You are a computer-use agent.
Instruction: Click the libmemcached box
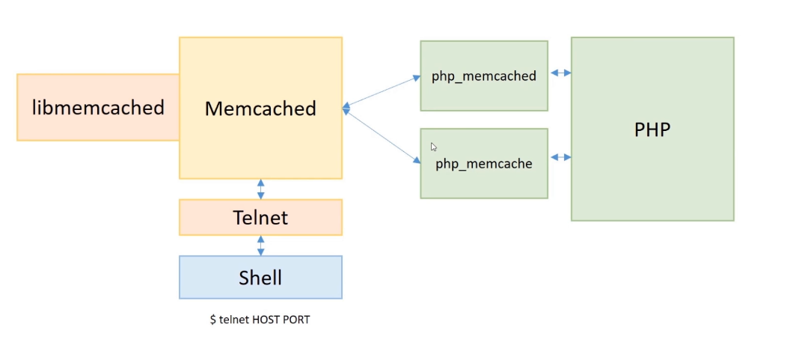pyautogui.click(x=98, y=108)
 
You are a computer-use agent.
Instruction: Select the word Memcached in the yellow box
pyautogui.click(x=260, y=109)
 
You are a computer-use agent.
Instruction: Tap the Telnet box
pyautogui.click(x=260, y=218)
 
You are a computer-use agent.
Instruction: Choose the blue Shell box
pyautogui.click(x=260, y=278)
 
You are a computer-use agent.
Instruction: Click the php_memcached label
pyautogui.click(x=483, y=76)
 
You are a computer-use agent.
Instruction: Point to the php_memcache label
pyautogui.click(x=483, y=164)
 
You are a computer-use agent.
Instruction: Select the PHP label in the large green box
pyautogui.click(x=652, y=129)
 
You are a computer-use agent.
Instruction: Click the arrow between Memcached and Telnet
pyautogui.click(x=260, y=189)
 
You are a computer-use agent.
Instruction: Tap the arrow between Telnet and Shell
pyautogui.click(x=260, y=245)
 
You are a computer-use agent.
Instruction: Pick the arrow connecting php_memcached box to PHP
pyautogui.click(x=560, y=73)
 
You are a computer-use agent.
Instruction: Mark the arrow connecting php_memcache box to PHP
pyautogui.click(x=560, y=157)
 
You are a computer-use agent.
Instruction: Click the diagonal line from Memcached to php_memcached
pyautogui.click(x=382, y=92)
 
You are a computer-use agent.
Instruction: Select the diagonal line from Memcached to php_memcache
pyautogui.click(x=382, y=136)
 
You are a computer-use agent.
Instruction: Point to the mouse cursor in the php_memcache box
pyautogui.click(x=433, y=147)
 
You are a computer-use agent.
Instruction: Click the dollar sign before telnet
pyautogui.click(x=213, y=320)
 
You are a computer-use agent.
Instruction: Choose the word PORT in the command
pyautogui.click(x=297, y=320)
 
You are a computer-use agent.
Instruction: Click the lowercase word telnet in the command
pyautogui.click(x=233, y=320)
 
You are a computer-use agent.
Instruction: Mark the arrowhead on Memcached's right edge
pyautogui.click(x=346, y=109)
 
